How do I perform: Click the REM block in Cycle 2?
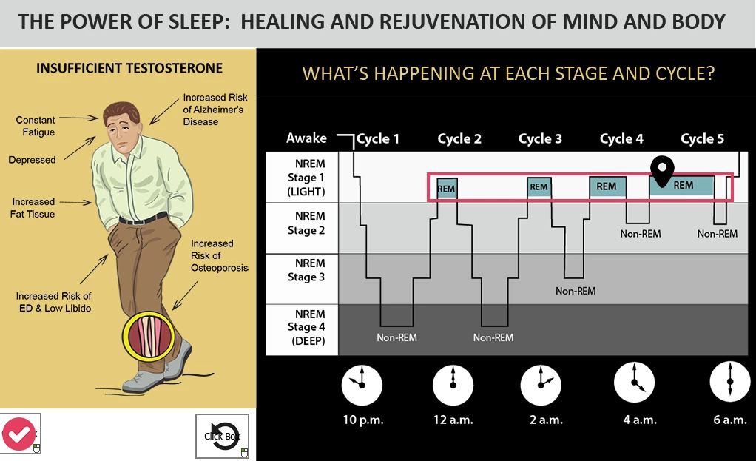pyautogui.click(x=447, y=188)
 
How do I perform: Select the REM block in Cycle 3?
pyautogui.click(x=539, y=187)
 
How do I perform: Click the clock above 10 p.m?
pyautogui.click(x=362, y=386)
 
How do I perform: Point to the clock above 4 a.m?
pyautogui.click(x=634, y=383)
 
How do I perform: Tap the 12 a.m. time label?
pyautogui.click(x=453, y=420)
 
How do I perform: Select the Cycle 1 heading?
pyautogui.click(x=378, y=139)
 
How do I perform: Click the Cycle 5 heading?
pyautogui.click(x=703, y=139)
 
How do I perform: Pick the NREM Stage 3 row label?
pyautogui.click(x=306, y=270)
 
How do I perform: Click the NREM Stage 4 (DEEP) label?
pyautogui.click(x=307, y=327)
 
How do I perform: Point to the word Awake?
pyautogui.click(x=306, y=138)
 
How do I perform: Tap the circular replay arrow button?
pyautogui.click(x=223, y=436)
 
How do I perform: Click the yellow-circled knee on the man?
pyautogui.click(x=149, y=337)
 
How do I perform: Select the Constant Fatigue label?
pyautogui.click(x=36, y=126)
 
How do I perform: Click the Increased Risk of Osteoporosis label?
pyautogui.click(x=220, y=255)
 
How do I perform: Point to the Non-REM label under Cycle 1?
pyautogui.click(x=396, y=337)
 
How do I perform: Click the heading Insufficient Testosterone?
pyautogui.click(x=129, y=69)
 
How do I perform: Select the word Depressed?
pyautogui.click(x=32, y=160)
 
